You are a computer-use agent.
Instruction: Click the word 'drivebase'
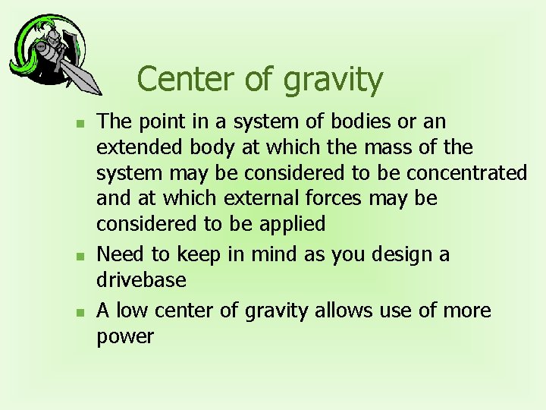coord(141,280)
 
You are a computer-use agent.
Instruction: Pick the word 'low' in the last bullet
coord(133,311)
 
